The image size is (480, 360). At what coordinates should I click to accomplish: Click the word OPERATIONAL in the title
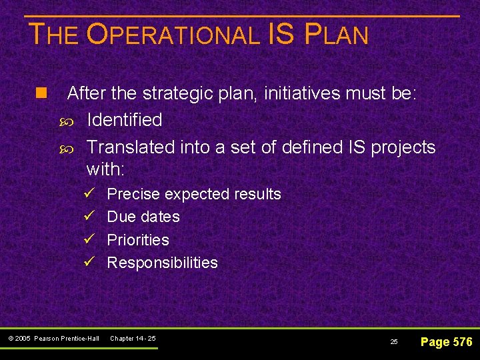tap(174, 35)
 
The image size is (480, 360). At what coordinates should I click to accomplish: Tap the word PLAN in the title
tap(336, 35)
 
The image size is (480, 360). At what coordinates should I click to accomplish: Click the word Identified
tap(125, 120)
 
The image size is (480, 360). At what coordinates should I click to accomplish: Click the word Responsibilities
tap(162, 263)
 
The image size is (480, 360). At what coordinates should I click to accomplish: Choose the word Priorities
tap(138, 240)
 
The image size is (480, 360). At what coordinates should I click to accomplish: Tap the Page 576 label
tap(446, 342)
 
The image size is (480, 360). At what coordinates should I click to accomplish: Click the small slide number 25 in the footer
tap(394, 341)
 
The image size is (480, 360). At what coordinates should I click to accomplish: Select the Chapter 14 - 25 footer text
tap(133, 339)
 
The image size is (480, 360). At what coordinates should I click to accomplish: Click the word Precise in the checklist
tap(133, 195)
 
